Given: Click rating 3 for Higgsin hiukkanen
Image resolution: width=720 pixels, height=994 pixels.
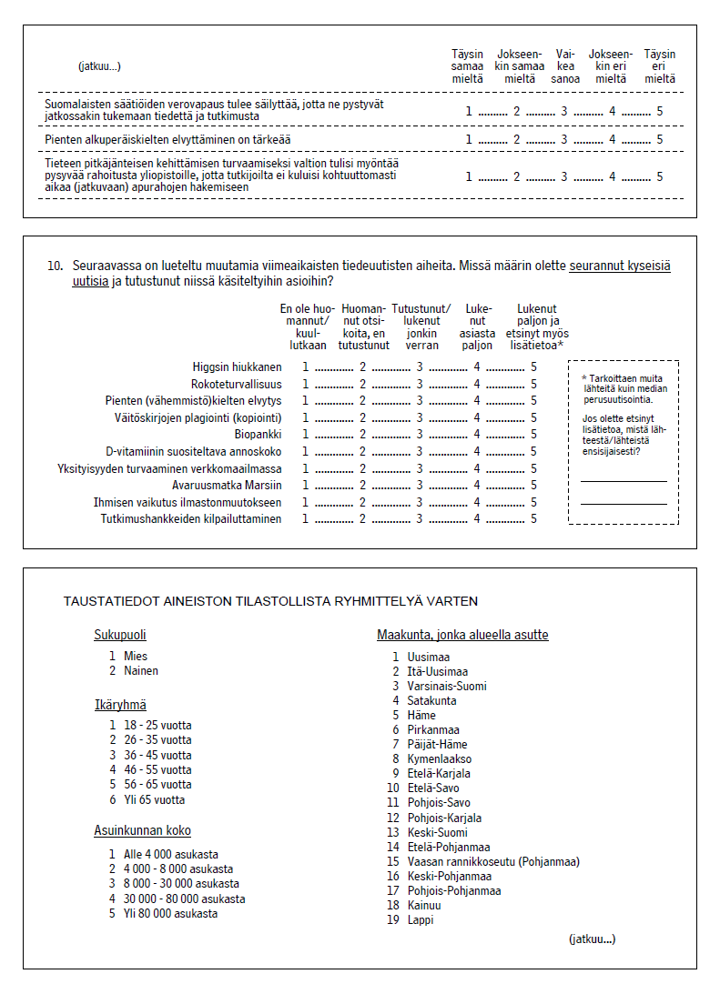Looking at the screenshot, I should pos(420,366).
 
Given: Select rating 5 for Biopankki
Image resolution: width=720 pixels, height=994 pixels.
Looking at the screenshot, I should pos(534,434).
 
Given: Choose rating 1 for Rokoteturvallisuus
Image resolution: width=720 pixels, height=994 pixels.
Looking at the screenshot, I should pos(306,384).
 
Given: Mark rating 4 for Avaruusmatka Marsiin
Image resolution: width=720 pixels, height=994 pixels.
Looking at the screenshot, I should pos(476,485).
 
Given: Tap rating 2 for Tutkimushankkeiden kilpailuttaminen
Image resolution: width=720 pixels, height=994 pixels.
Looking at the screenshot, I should pos(362,518).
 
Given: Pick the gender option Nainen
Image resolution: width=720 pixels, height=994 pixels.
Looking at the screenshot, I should pos(141,671).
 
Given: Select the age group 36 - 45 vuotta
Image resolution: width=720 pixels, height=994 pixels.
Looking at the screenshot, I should pos(157,755).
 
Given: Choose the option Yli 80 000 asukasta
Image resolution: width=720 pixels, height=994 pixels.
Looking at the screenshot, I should pos(170,913).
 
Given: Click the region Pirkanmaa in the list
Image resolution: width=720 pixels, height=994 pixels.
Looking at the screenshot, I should pos(433,729).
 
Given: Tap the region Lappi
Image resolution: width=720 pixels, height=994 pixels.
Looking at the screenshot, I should pos(421,919).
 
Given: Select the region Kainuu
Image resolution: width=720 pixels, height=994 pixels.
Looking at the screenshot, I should pos(425,905).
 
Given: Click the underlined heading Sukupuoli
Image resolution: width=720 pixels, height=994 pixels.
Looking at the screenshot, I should pos(120,635).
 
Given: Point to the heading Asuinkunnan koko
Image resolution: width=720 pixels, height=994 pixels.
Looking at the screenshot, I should pos(143,830).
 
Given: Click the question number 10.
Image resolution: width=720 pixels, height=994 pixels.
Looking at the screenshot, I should pos(55,266).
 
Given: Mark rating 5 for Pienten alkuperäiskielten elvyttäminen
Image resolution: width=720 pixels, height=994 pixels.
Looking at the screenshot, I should pos(659,139).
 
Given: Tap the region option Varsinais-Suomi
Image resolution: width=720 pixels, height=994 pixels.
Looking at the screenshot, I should pos(447,686).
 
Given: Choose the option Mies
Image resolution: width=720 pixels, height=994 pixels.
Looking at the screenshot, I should pos(136,656).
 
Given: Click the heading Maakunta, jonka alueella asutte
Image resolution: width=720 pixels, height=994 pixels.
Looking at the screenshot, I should pos(462,635).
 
